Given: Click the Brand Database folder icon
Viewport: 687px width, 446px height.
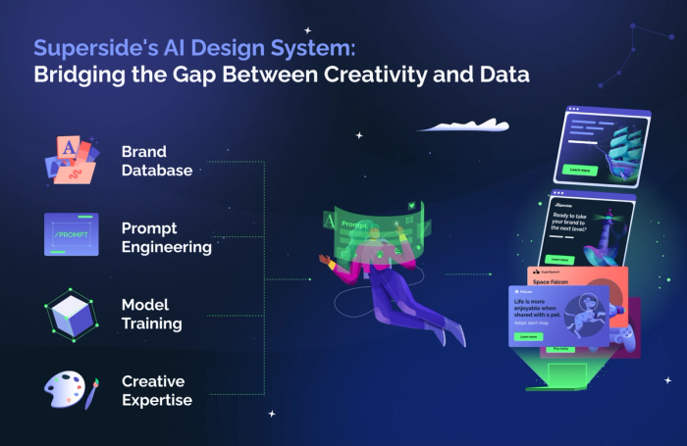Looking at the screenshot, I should tap(70, 159).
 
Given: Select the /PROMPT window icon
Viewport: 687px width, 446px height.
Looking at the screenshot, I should tap(71, 234).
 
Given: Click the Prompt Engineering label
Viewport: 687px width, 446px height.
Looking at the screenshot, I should tap(166, 237).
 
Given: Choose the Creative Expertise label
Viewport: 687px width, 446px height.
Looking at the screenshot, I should tap(156, 390).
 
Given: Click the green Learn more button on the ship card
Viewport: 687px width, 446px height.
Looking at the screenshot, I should tap(579, 169).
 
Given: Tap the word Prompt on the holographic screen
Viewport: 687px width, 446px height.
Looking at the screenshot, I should tap(354, 223).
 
